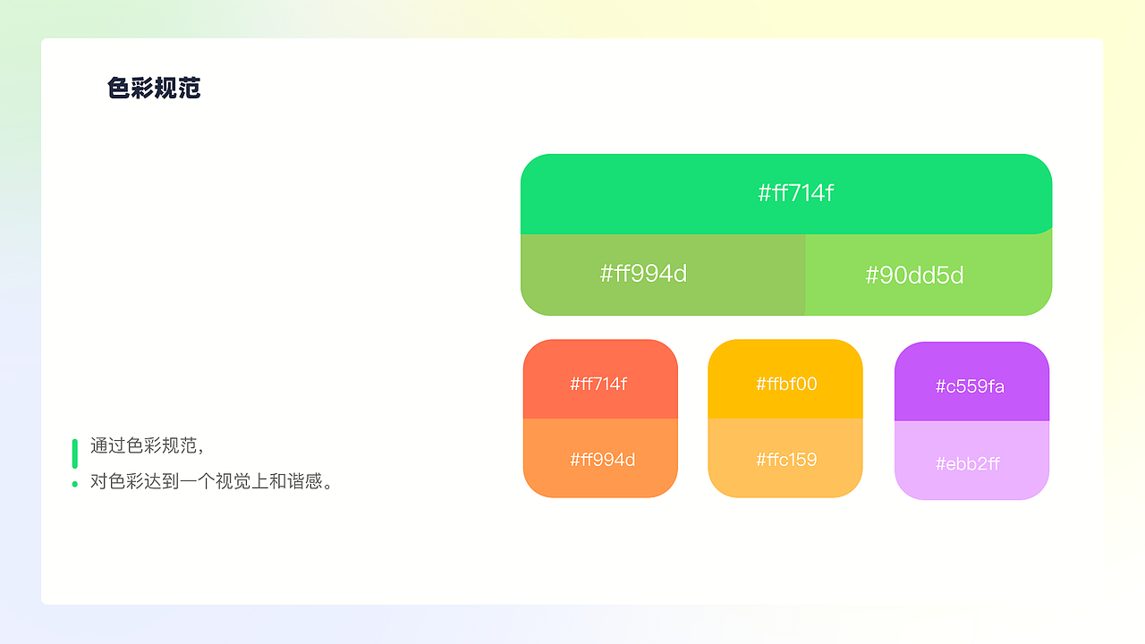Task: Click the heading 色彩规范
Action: click(154, 89)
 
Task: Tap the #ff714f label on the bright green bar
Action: click(795, 193)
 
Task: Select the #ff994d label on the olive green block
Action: click(643, 274)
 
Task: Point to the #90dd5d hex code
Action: click(914, 275)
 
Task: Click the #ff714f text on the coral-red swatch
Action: click(598, 384)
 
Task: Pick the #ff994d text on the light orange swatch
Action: click(602, 460)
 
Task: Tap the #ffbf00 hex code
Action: click(786, 384)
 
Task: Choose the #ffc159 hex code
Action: click(786, 460)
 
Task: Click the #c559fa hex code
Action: click(970, 386)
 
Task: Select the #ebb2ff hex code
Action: click(967, 464)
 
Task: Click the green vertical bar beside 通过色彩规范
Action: click(75, 453)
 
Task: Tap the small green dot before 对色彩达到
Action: click(75, 484)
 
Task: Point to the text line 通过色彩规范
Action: click(148, 445)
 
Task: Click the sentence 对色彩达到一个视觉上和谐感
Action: click(212, 482)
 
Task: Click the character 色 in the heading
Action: click(119, 89)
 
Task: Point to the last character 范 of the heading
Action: click(190, 89)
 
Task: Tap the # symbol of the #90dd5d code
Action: click(873, 275)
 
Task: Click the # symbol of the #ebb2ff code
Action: click(941, 464)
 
